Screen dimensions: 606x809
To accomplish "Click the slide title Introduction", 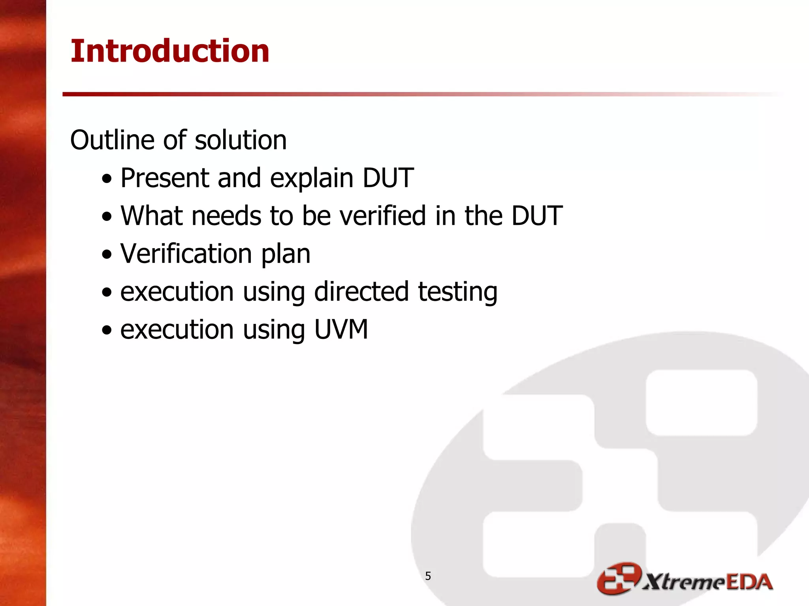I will [x=170, y=51].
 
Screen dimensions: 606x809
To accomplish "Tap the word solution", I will [x=241, y=140].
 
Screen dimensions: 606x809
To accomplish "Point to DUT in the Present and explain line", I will [x=388, y=178].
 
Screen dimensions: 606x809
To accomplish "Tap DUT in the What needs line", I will [x=537, y=216].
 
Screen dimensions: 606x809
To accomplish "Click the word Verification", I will [x=186, y=254].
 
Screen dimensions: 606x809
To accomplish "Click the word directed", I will [x=361, y=292].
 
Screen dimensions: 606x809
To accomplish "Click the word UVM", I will [x=341, y=329].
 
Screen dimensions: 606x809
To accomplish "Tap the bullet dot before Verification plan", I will [x=107, y=254].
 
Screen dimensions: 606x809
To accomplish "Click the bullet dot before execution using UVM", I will [x=107, y=330].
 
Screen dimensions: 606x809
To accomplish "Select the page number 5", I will [x=428, y=576].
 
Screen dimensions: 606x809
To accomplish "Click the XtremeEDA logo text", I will [x=707, y=582].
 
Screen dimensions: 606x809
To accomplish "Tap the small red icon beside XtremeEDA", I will [x=618, y=578].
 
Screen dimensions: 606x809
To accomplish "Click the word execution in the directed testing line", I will [x=177, y=292].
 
